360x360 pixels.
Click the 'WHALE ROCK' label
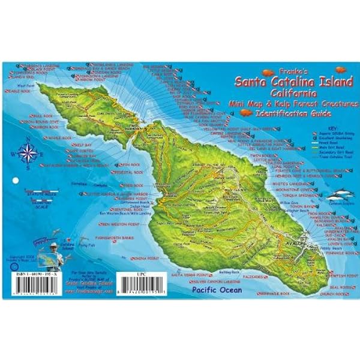[61, 137]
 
